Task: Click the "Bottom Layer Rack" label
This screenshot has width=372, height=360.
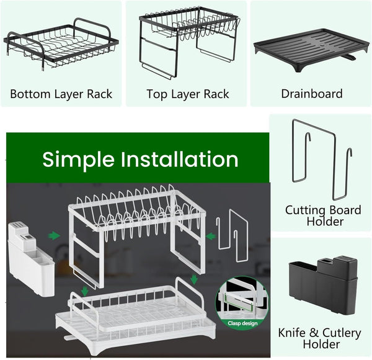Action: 61,94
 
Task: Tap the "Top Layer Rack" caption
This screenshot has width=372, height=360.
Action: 188,94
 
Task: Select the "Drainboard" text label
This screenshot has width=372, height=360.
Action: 312,94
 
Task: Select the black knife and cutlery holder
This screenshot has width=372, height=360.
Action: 322,286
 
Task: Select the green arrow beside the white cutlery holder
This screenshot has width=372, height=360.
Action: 55,235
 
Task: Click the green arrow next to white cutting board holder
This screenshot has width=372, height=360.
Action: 210,235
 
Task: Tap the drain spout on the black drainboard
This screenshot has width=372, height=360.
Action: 350,58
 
